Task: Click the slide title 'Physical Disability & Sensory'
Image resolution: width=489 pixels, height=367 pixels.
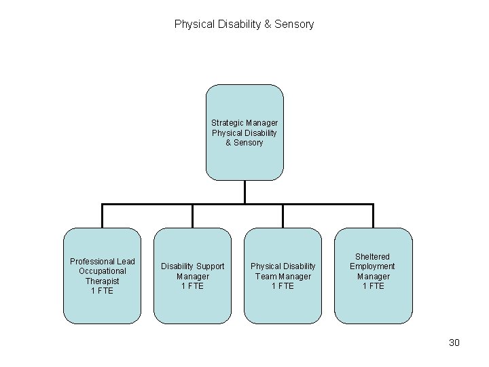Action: pos(244,24)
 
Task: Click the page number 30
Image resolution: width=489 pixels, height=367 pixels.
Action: pos(454,343)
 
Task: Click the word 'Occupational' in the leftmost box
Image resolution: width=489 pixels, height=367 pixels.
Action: pos(102,271)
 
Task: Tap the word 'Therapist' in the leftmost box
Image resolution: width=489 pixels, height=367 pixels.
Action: pos(102,281)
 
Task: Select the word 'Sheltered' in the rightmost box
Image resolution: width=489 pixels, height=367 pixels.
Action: pos(373,256)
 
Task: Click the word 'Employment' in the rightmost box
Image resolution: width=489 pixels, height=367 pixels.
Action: pos(372,266)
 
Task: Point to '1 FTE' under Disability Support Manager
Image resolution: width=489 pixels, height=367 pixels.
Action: pos(192,286)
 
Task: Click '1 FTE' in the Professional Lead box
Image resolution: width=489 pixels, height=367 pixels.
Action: pos(102,291)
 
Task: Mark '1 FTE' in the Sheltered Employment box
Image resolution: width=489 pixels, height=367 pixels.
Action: pos(373,286)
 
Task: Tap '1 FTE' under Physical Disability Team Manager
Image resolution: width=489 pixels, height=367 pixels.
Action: pos(283,286)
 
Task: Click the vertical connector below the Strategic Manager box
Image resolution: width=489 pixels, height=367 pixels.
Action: pos(244,192)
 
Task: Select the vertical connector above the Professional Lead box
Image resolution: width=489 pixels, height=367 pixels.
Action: pos(102,216)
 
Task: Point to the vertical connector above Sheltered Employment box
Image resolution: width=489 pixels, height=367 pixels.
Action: pos(373,216)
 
